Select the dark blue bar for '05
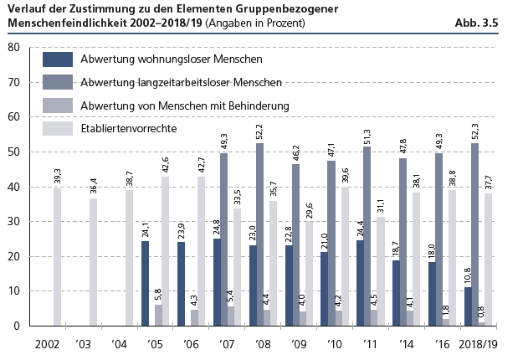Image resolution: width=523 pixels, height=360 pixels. (x=146, y=283)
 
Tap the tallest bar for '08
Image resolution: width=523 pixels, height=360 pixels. (x=260, y=234)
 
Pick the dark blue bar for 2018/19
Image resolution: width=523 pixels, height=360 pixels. (x=469, y=306)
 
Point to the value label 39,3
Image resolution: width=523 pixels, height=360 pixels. (x=57, y=176)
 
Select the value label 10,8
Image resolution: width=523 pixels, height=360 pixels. (x=469, y=275)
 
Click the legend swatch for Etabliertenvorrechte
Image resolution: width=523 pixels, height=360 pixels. (x=57, y=129)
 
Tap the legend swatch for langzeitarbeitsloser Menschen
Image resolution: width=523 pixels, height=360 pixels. (x=57, y=82)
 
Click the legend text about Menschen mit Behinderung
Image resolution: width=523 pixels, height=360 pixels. (x=185, y=105)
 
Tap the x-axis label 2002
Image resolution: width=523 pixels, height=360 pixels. (x=49, y=343)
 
